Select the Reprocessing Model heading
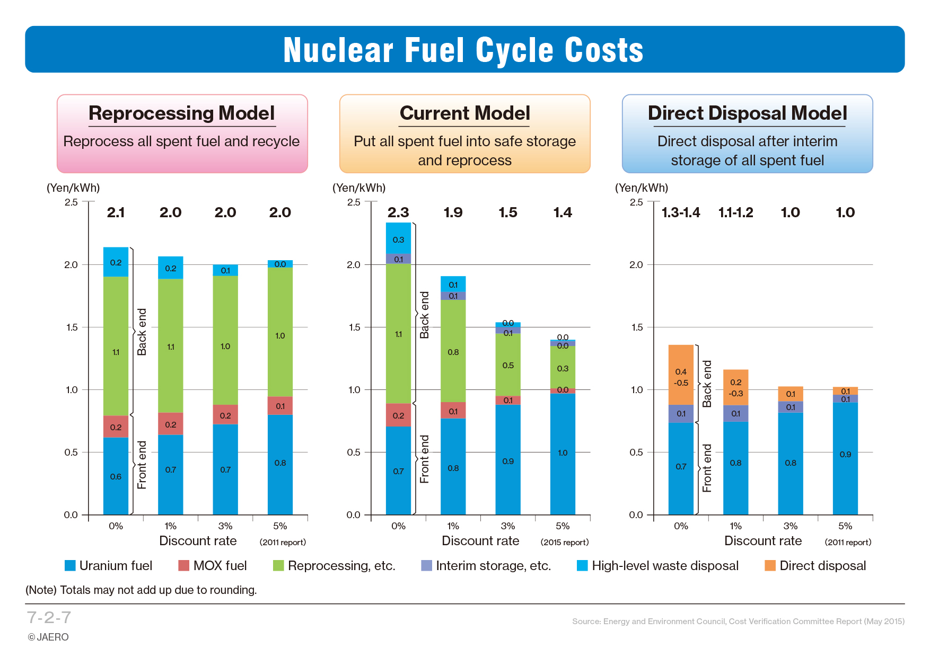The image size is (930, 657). [x=181, y=113]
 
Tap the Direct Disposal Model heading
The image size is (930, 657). [x=747, y=113]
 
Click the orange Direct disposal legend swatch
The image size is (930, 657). [x=770, y=565]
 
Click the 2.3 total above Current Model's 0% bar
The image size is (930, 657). [x=398, y=212]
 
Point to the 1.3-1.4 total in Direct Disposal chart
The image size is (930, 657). [x=681, y=212]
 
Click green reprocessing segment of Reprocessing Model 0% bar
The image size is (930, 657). [x=116, y=345]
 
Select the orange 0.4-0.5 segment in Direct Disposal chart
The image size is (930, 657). [x=681, y=375]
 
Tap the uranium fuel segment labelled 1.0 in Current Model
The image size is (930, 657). [x=563, y=454]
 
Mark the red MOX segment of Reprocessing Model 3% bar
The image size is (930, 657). [x=225, y=414]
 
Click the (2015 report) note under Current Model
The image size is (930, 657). [x=565, y=542]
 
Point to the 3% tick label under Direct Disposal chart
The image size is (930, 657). [x=791, y=526]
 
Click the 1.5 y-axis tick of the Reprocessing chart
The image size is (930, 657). [x=71, y=327]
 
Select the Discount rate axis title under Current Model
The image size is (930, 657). [x=480, y=541]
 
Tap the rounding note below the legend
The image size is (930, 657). [x=141, y=590]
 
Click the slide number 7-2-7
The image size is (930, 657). [x=49, y=617]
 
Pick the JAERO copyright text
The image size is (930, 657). [x=48, y=637]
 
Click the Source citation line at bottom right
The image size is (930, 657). [x=738, y=621]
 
